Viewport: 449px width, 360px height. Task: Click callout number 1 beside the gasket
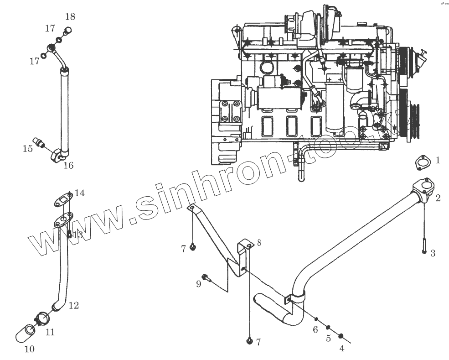438,160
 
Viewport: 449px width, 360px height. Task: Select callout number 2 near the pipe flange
438,198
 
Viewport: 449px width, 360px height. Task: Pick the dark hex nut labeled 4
341,337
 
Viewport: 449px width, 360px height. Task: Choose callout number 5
328,339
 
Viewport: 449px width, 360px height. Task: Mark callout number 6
315,329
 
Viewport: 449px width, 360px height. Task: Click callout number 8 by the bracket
259,243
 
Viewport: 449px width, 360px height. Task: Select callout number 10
29,350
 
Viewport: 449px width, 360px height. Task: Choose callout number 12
73,305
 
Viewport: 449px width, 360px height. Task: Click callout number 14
80,193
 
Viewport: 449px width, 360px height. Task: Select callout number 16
68,166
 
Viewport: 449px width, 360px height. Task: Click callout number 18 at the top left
70,17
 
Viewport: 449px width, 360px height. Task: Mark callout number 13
77,235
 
